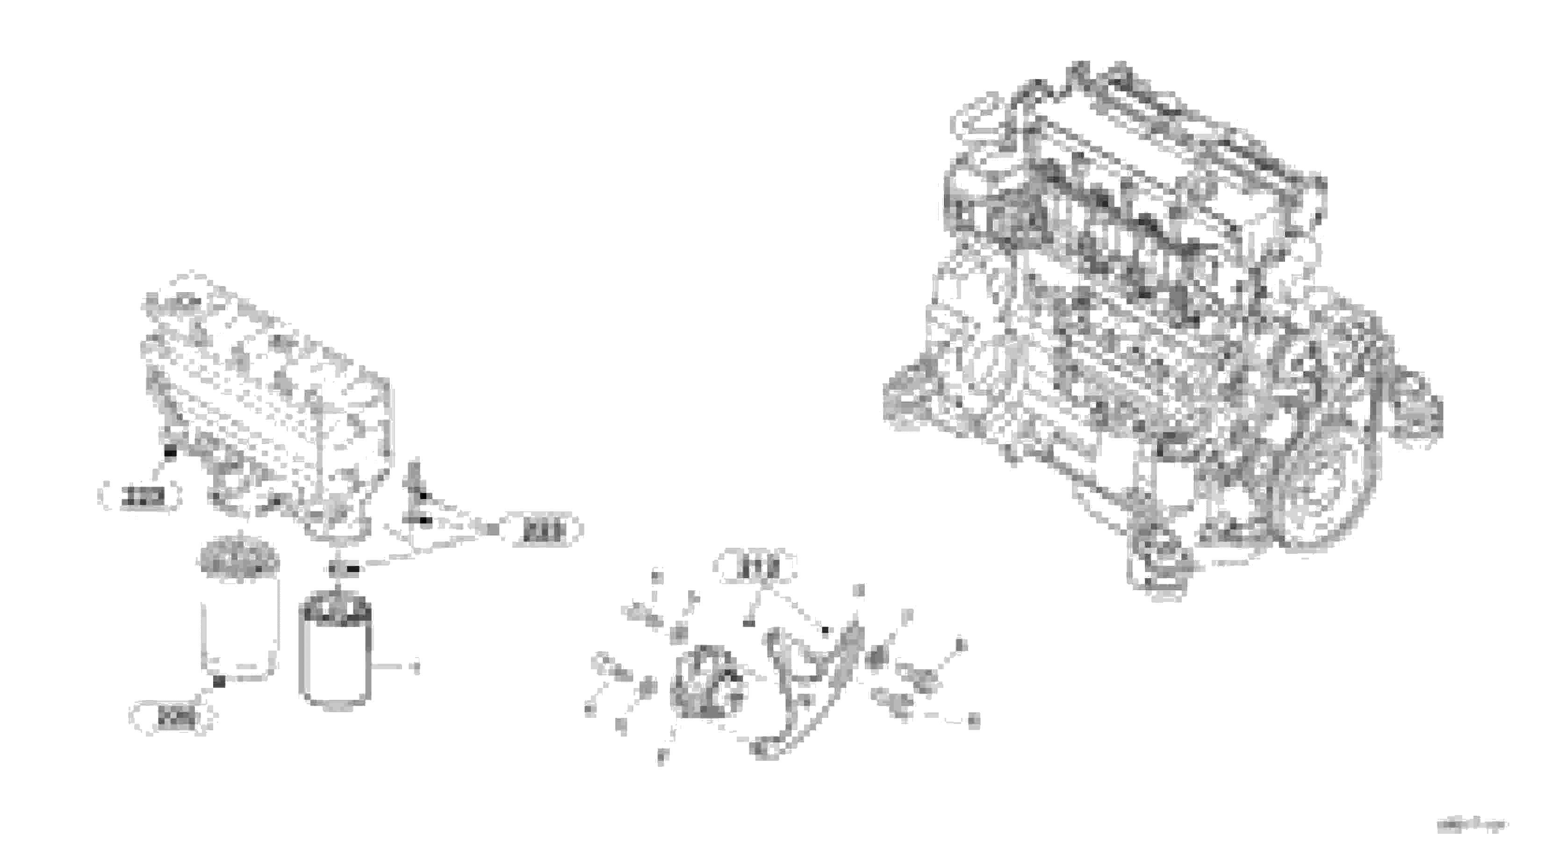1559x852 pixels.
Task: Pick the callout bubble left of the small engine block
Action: [x=140, y=497]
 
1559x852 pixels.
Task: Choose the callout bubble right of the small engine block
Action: [x=542, y=530]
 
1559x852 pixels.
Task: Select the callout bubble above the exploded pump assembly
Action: [x=755, y=567]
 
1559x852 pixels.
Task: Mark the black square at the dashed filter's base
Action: [x=220, y=681]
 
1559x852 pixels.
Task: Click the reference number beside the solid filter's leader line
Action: [x=415, y=667]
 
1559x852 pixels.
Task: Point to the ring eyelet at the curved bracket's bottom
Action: [x=764, y=749]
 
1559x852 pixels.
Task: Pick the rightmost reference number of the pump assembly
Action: [x=973, y=720]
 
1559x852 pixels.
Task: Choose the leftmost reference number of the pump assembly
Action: [x=590, y=709]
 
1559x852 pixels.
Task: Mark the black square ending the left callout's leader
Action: [x=171, y=452]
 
